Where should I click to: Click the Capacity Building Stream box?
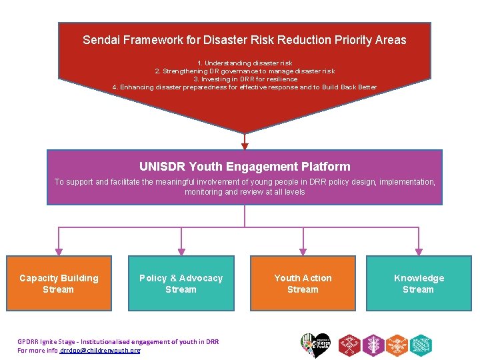(x=59, y=283)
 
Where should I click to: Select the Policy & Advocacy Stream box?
(x=181, y=283)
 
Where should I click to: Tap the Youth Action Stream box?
(x=303, y=283)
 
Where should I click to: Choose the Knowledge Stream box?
(x=418, y=283)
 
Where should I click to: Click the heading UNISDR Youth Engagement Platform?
(x=245, y=167)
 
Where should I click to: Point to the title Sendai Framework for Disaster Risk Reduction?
(x=244, y=40)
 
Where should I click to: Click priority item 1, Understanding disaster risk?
(x=245, y=63)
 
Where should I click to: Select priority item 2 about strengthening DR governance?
(x=245, y=71)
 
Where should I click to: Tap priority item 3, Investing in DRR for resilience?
(x=245, y=79)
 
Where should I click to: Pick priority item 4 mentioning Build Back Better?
(x=245, y=87)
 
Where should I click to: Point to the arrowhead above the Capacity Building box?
(x=59, y=251)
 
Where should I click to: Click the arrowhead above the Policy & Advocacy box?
(x=181, y=251)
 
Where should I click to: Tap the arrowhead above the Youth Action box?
(x=303, y=251)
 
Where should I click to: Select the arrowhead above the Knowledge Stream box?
(x=419, y=251)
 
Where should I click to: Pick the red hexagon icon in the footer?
(x=349, y=345)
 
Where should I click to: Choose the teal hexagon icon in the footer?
(x=421, y=345)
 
